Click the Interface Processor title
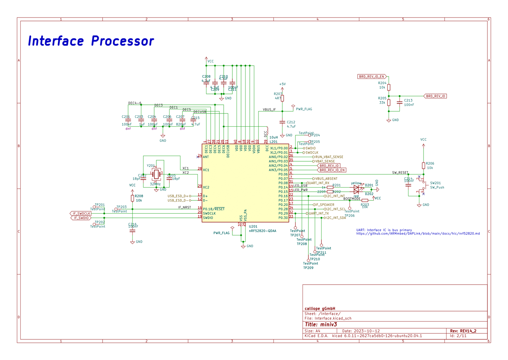[x=91, y=41]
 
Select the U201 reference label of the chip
[x=253, y=227]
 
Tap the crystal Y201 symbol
[x=156, y=173]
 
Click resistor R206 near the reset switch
[x=424, y=166]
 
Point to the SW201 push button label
[x=435, y=183]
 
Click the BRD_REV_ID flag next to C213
[x=435, y=96]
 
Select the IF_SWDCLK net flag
[x=81, y=213]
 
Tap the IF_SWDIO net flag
[x=81, y=218]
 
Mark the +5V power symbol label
[x=282, y=84]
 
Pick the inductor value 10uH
[x=274, y=138]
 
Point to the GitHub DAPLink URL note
[x=418, y=234]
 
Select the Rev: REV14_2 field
[x=463, y=331]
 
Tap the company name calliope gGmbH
[x=320, y=308]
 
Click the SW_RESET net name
[x=400, y=173]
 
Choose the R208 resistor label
[x=139, y=196]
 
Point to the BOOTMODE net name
[x=352, y=199]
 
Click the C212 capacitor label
[x=291, y=122]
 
